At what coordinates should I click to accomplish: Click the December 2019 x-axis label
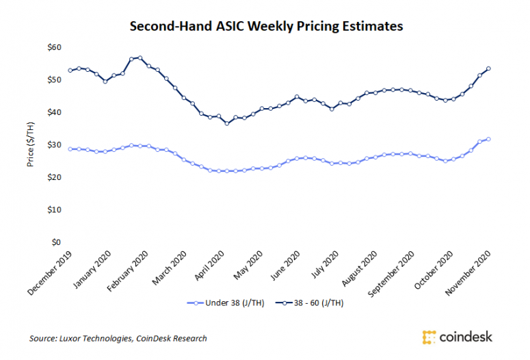(52, 272)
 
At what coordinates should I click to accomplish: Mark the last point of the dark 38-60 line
(488, 68)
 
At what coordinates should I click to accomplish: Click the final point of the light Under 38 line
(488, 139)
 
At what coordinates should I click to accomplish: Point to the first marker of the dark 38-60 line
(70, 70)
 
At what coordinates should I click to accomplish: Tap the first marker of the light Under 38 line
(70, 149)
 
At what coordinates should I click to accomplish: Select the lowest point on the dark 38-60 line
(227, 123)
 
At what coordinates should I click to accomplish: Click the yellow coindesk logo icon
(429, 337)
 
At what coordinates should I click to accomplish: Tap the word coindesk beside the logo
(466, 337)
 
